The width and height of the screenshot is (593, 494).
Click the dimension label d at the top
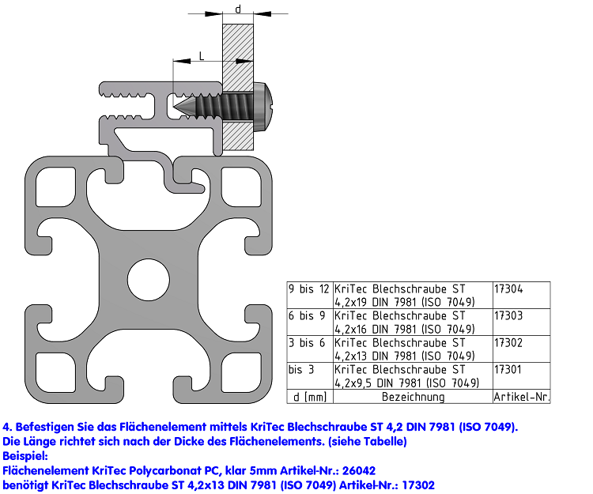click(x=238, y=9)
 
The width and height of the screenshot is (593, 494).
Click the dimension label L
click(x=202, y=56)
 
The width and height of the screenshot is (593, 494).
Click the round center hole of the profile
click(x=149, y=280)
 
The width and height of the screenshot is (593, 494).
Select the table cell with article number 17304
click(x=522, y=295)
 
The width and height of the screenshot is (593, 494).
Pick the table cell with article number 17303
click(x=522, y=322)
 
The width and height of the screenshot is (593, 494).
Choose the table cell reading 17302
click(x=522, y=349)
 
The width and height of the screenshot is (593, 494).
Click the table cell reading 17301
click(x=522, y=375)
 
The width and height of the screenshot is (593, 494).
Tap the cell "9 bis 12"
click(x=310, y=295)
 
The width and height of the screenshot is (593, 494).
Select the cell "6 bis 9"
click(x=310, y=322)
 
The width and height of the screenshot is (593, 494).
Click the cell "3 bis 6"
click(x=310, y=349)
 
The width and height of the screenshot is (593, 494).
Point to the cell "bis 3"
click(x=310, y=375)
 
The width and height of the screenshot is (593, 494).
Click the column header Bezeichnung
click(x=413, y=397)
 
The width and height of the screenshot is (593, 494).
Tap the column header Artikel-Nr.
click(x=522, y=397)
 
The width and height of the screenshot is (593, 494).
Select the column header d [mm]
click(x=310, y=397)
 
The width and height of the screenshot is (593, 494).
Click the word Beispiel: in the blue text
click(x=25, y=456)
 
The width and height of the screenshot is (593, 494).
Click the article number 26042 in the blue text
click(x=359, y=470)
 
